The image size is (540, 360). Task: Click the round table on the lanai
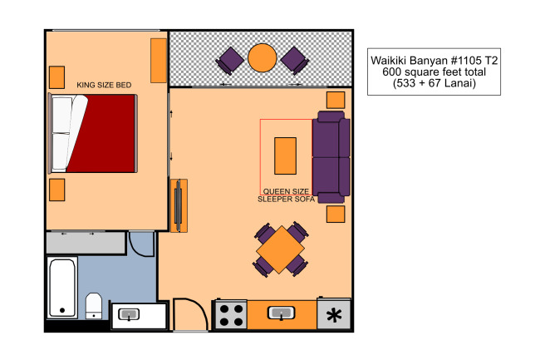(262, 58)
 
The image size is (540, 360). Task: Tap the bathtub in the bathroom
(62, 288)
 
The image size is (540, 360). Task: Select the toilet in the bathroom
(93, 306)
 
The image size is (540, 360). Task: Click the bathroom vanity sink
(129, 314)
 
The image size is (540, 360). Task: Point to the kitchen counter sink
(281, 313)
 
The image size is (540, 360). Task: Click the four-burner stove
(231, 315)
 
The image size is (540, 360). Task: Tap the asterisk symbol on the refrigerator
(334, 316)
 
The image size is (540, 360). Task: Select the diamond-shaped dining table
(280, 249)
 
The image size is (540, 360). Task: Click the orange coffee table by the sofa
(285, 155)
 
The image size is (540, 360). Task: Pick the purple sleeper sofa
(331, 157)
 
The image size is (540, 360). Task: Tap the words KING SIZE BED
(104, 85)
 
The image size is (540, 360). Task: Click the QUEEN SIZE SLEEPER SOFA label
(286, 195)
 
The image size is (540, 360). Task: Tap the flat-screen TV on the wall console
(178, 205)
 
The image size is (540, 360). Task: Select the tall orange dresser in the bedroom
(159, 61)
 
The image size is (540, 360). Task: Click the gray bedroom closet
(86, 243)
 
